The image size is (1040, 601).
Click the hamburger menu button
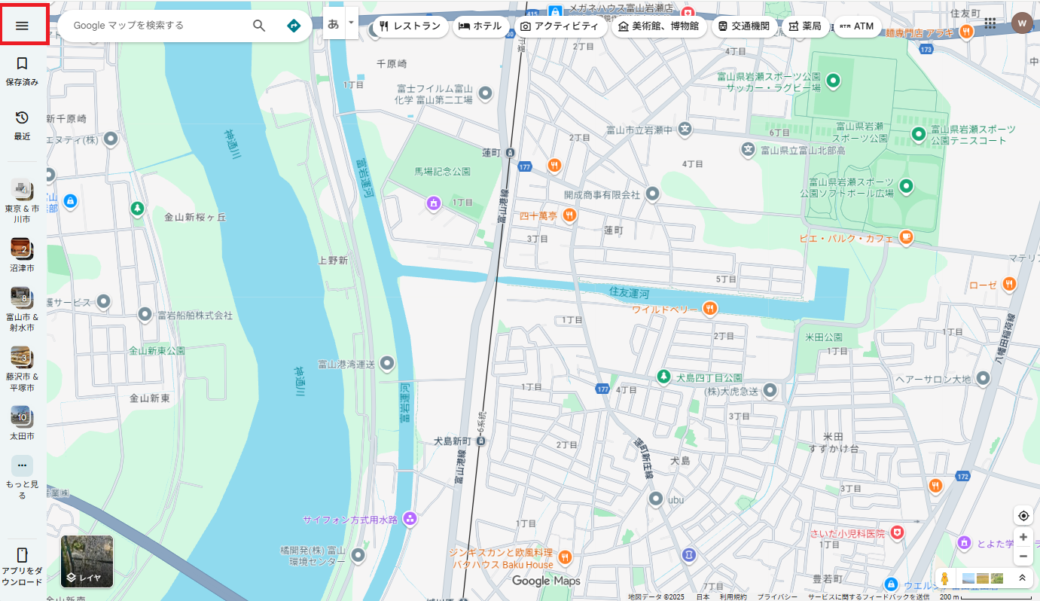click(22, 25)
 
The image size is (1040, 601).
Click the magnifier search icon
click(259, 26)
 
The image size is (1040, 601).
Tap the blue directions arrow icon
click(294, 26)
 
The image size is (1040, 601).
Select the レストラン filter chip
click(410, 26)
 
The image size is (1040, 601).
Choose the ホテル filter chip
click(480, 26)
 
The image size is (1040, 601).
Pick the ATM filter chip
click(857, 26)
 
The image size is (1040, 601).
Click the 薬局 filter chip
click(804, 26)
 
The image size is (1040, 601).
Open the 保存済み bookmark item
click(22, 71)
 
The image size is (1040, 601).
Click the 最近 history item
click(22, 125)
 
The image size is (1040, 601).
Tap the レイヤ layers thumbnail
click(87, 561)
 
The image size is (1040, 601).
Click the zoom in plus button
click(1023, 537)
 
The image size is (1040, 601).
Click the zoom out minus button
click(1023, 557)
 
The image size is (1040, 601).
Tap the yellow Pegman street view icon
click(944, 578)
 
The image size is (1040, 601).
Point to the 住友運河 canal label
click(629, 291)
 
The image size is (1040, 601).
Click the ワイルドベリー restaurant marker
click(709, 308)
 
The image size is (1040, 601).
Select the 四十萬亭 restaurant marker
click(569, 215)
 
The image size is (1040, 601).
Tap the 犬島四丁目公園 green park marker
click(663, 376)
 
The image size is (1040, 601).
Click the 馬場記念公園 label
click(442, 172)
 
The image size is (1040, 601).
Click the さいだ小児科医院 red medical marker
click(896, 532)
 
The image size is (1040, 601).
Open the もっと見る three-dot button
click(22, 465)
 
